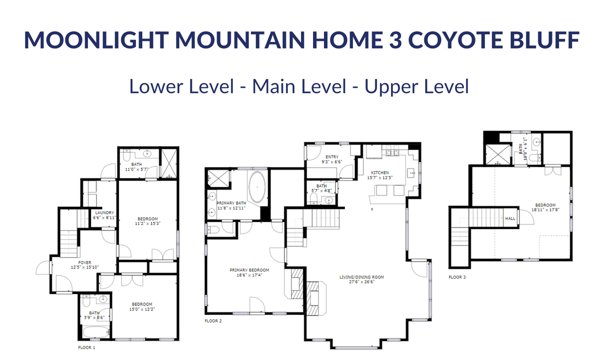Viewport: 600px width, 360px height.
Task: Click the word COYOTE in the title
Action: coord(455,39)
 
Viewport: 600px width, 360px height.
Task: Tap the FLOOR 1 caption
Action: coord(86,347)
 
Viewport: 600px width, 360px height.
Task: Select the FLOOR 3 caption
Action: coord(457,277)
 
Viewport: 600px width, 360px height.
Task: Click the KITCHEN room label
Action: coord(380,173)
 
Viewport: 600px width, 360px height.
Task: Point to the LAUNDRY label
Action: coord(104,212)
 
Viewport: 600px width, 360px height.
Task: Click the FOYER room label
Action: coord(84,262)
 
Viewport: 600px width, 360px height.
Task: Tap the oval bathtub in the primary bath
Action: coord(257,186)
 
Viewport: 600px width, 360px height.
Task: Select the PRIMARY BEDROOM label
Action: coord(249,270)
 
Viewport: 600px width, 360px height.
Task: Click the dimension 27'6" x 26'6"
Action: coord(361,282)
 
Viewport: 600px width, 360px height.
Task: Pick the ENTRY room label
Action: coord(332,157)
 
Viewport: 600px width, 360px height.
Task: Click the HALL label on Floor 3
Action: coord(510,218)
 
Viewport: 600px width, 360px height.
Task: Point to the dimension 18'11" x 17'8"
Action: coord(545,209)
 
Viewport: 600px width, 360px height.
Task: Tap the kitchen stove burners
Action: coord(392,153)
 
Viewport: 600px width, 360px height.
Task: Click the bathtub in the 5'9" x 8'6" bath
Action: coord(96,332)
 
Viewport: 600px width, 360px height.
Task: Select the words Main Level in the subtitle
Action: coord(299,86)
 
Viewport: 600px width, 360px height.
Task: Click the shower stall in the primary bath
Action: coord(218,178)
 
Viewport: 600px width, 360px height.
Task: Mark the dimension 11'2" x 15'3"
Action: coord(147,223)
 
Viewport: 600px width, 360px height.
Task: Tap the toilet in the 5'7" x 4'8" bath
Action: coord(313,198)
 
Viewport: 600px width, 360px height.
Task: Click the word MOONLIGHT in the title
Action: coord(96,39)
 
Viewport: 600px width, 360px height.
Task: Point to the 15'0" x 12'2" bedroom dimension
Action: coord(142,309)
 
